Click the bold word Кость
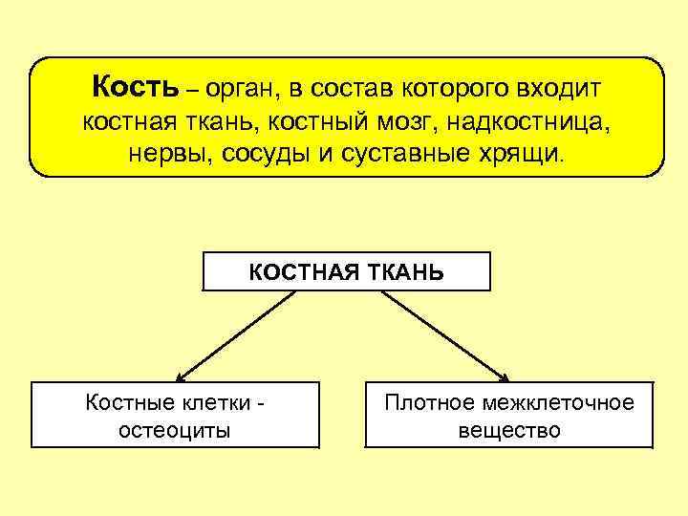[135, 89]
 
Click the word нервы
[161, 155]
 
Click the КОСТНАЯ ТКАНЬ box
[346, 270]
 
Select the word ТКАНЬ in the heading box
[407, 271]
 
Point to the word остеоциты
[174, 430]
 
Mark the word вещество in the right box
[508, 430]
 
